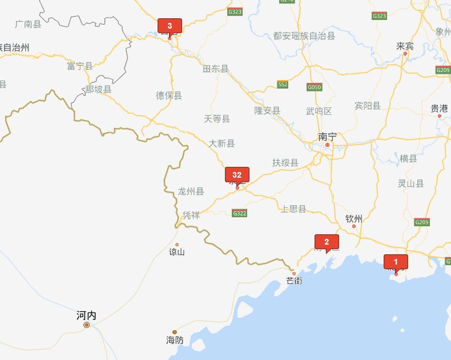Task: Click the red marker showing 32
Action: click(237, 175)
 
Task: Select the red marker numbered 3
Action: click(170, 26)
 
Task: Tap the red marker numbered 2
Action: click(327, 242)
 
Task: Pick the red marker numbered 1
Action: click(396, 261)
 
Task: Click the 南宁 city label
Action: click(327, 137)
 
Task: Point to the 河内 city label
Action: click(86, 315)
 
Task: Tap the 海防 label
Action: click(175, 341)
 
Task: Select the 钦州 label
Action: click(354, 218)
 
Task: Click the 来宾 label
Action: click(405, 46)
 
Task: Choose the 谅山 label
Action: click(177, 252)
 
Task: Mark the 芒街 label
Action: click(295, 281)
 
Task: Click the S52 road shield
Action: click(283, 85)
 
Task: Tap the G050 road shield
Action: click(314, 87)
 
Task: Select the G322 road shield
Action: click(240, 213)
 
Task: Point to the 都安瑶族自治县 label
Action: click(304, 36)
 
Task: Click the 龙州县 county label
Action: click(191, 191)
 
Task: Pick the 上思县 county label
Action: click(294, 209)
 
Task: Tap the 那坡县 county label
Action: click(98, 89)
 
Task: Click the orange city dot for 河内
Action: click(87, 325)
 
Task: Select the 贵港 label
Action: click(439, 108)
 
